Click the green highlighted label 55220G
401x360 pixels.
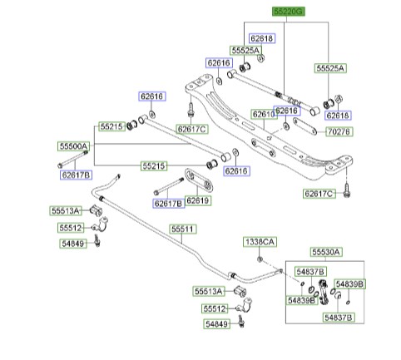[x=288, y=12]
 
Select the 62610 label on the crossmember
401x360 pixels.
[x=263, y=114]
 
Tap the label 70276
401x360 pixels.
[x=339, y=131]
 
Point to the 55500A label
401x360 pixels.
[x=73, y=146]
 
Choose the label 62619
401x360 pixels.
[x=197, y=200]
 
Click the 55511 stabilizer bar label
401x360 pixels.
[x=182, y=229]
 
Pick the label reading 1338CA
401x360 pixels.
[x=260, y=242]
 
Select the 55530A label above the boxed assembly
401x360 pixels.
[x=326, y=252]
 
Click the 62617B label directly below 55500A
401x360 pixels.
[x=76, y=175]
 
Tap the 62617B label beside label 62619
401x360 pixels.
[x=168, y=204]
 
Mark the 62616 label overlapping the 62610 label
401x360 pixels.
[x=286, y=111]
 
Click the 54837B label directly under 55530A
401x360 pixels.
[x=310, y=272]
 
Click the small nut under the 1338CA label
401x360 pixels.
[x=260, y=259]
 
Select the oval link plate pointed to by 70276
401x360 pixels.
[x=304, y=126]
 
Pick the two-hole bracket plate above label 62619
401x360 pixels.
[x=199, y=180]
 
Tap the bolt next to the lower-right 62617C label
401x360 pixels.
[x=346, y=190]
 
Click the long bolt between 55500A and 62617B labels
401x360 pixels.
[x=72, y=159]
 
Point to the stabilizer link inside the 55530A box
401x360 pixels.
[x=323, y=292]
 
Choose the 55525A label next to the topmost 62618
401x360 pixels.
[x=245, y=50]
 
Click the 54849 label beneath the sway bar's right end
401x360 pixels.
[x=216, y=323]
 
